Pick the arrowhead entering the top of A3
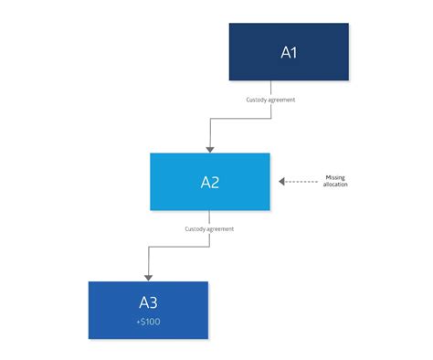[148, 276]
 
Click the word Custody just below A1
[257, 99]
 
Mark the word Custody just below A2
[195, 228]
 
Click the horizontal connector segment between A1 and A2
[248, 117]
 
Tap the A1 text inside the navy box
[288, 52]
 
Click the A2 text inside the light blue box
[210, 182]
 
